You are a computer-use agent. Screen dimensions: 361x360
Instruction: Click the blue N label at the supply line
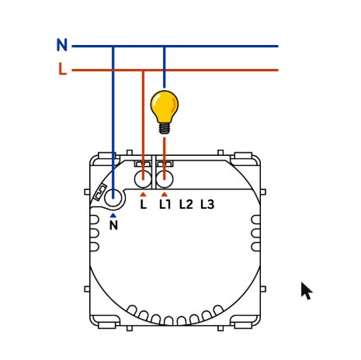pyautogui.click(x=62, y=45)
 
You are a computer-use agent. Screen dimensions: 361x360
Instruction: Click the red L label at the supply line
pyautogui.click(x=63, y=69)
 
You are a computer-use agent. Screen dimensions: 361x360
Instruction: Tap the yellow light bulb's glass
pyautogui.click(x=165, y=106)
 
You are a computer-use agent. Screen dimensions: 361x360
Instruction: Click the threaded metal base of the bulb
pyautogui.click(x=165, y=129)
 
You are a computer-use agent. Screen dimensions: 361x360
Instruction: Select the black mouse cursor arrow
pyautogui.click(x=307, y=291)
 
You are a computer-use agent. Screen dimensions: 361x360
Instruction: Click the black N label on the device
pyautogui.click(x=113, y=226)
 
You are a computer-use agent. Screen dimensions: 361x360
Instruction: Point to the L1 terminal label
pyautogui.click(x=165, y=205)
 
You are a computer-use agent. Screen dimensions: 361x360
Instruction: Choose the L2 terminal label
pyautogui.click(x=186, y=205)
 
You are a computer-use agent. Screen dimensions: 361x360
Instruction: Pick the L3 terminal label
pyautogui.click(x=207, y=205)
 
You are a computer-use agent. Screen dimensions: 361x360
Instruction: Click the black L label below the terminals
pyautogui.click(x=144, y=205)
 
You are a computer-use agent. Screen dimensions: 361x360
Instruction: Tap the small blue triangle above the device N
pyautogui.click(x=113, y=216)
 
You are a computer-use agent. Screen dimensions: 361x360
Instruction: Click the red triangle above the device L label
pyautogui.click(x=143, y=195)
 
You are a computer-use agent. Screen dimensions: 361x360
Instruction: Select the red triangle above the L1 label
pyautogui.click(x=165, y=195)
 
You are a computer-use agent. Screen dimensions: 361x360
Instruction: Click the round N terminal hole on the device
pyautogui.click(x=113, y=198)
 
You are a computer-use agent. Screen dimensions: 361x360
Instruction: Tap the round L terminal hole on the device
pyautogui.click(x=143, y=179)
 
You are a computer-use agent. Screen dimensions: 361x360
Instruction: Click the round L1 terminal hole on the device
pyautogui.click(x=165, y=179)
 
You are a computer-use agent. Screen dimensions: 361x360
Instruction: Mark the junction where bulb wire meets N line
pyautogui.click(x=164, y=47)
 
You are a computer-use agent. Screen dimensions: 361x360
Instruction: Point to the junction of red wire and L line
pyautogui.click(x=143, y=70)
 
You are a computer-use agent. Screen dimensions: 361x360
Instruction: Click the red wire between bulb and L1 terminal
pyautogui.click(x=165, y=158)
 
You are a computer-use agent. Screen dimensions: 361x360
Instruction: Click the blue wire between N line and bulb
pyautogui.click(x=164, y=67)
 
